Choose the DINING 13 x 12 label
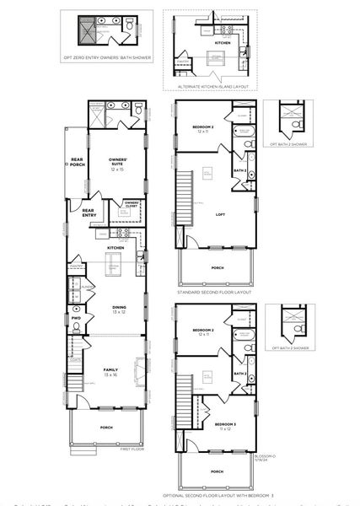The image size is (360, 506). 118,310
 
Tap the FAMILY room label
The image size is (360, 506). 110,371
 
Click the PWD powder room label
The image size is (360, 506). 76,318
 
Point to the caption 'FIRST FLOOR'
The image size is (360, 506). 132,449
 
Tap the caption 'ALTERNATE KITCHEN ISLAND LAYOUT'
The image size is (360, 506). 211,87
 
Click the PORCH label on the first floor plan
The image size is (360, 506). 106,428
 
